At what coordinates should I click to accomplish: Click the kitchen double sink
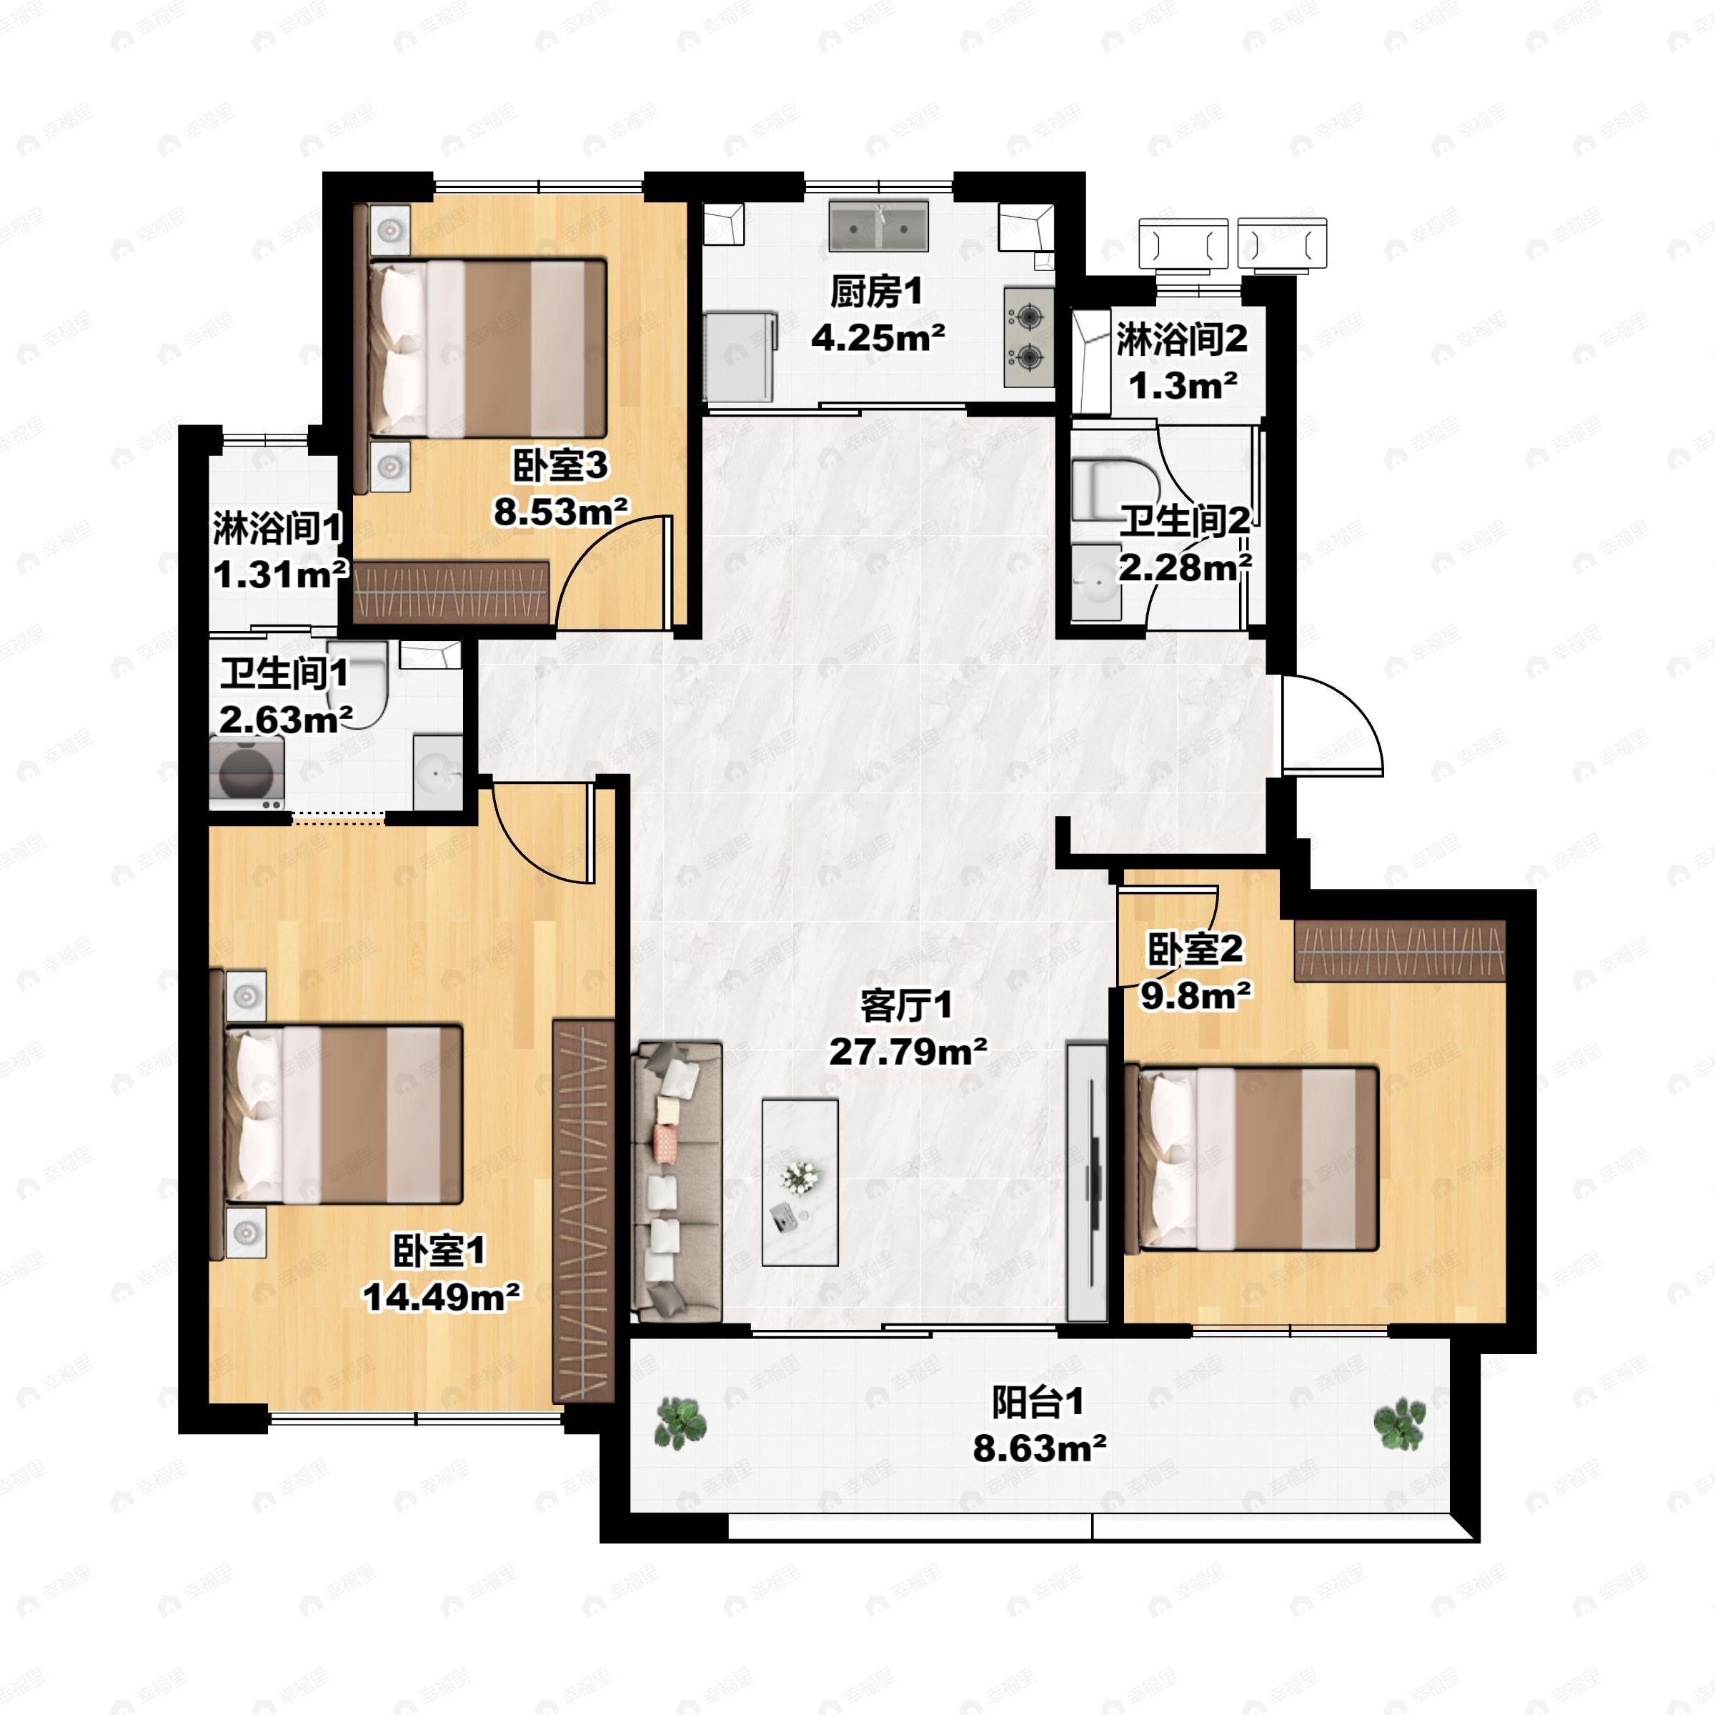tap(879, 226)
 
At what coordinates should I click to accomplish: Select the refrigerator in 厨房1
tap(740, 356)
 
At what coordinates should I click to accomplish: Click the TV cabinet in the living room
tap(1086, 1181)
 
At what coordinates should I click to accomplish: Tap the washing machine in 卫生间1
tap(247, 772)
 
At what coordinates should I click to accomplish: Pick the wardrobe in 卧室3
tap(451, 591)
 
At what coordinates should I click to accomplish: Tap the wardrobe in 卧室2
tap(1400, 950)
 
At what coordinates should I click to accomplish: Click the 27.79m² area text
tap(908, 1052)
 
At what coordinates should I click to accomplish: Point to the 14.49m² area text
tap(441, 1298)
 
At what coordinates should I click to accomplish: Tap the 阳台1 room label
tap(1038, 1403)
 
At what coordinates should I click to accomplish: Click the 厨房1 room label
tap(877, 292)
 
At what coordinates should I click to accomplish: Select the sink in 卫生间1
tap(437, 772)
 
